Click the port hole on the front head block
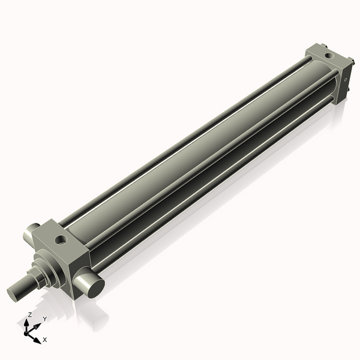pos(60,241)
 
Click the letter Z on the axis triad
pos(29,314)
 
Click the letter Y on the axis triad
pos(44,319)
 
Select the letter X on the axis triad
pos(45,340)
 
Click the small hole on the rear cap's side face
pos(346,78)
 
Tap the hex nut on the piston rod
pos(37,277)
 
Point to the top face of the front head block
pos(60,237)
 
